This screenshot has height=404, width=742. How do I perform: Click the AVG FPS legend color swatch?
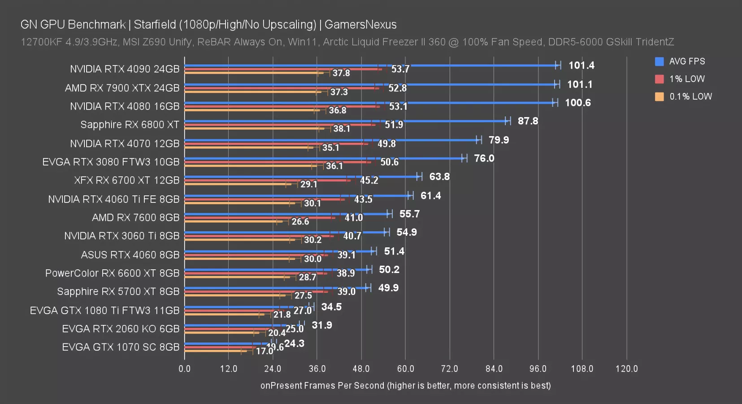coord(659,61)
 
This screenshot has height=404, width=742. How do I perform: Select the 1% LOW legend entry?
coord(686,79)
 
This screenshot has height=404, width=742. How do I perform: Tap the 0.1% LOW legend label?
coord(690,97)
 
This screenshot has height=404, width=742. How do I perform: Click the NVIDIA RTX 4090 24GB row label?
coord(125,69)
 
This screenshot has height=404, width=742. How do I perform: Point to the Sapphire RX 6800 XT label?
coord(130,125)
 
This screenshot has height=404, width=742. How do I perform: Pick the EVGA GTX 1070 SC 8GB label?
coord(121,347)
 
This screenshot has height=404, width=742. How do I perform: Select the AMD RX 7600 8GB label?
coord(135,218)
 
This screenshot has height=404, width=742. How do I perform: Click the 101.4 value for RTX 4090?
coord(581,66)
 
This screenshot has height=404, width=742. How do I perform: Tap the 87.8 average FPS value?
coord(528,121)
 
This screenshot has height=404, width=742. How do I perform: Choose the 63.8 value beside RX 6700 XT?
coord(439,177)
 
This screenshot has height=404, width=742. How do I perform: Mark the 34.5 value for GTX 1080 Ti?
coord(331,307)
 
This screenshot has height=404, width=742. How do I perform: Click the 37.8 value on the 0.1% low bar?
coord(341,73)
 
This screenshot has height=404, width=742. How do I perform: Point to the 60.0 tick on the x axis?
coord(405,369)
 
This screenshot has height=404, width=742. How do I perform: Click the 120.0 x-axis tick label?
coord(626,369)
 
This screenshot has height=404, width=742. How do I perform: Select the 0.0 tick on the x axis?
coord(184,369)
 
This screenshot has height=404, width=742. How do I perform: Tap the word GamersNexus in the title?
coord(360,25)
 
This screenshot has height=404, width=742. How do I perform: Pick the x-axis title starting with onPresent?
coord(405,386)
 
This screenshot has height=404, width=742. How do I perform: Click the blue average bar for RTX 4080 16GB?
coord(368,103)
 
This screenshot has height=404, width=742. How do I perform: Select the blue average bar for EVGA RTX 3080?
coord(323,158)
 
